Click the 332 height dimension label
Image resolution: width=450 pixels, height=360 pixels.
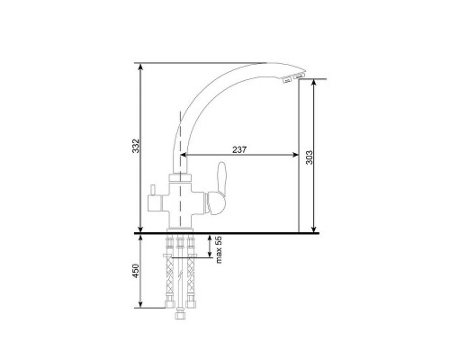136,146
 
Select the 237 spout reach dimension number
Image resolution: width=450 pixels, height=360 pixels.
239,149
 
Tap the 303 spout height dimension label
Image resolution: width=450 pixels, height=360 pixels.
309,157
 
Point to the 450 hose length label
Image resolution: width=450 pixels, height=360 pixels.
136,271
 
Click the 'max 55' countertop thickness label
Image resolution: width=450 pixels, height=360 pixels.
219,249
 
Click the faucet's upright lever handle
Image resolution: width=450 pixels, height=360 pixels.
219,188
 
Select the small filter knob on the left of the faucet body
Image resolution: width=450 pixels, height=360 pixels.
152,190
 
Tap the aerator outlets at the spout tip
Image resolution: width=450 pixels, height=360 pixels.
292,76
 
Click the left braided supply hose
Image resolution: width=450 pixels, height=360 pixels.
170,276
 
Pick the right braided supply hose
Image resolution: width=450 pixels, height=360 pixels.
191,276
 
